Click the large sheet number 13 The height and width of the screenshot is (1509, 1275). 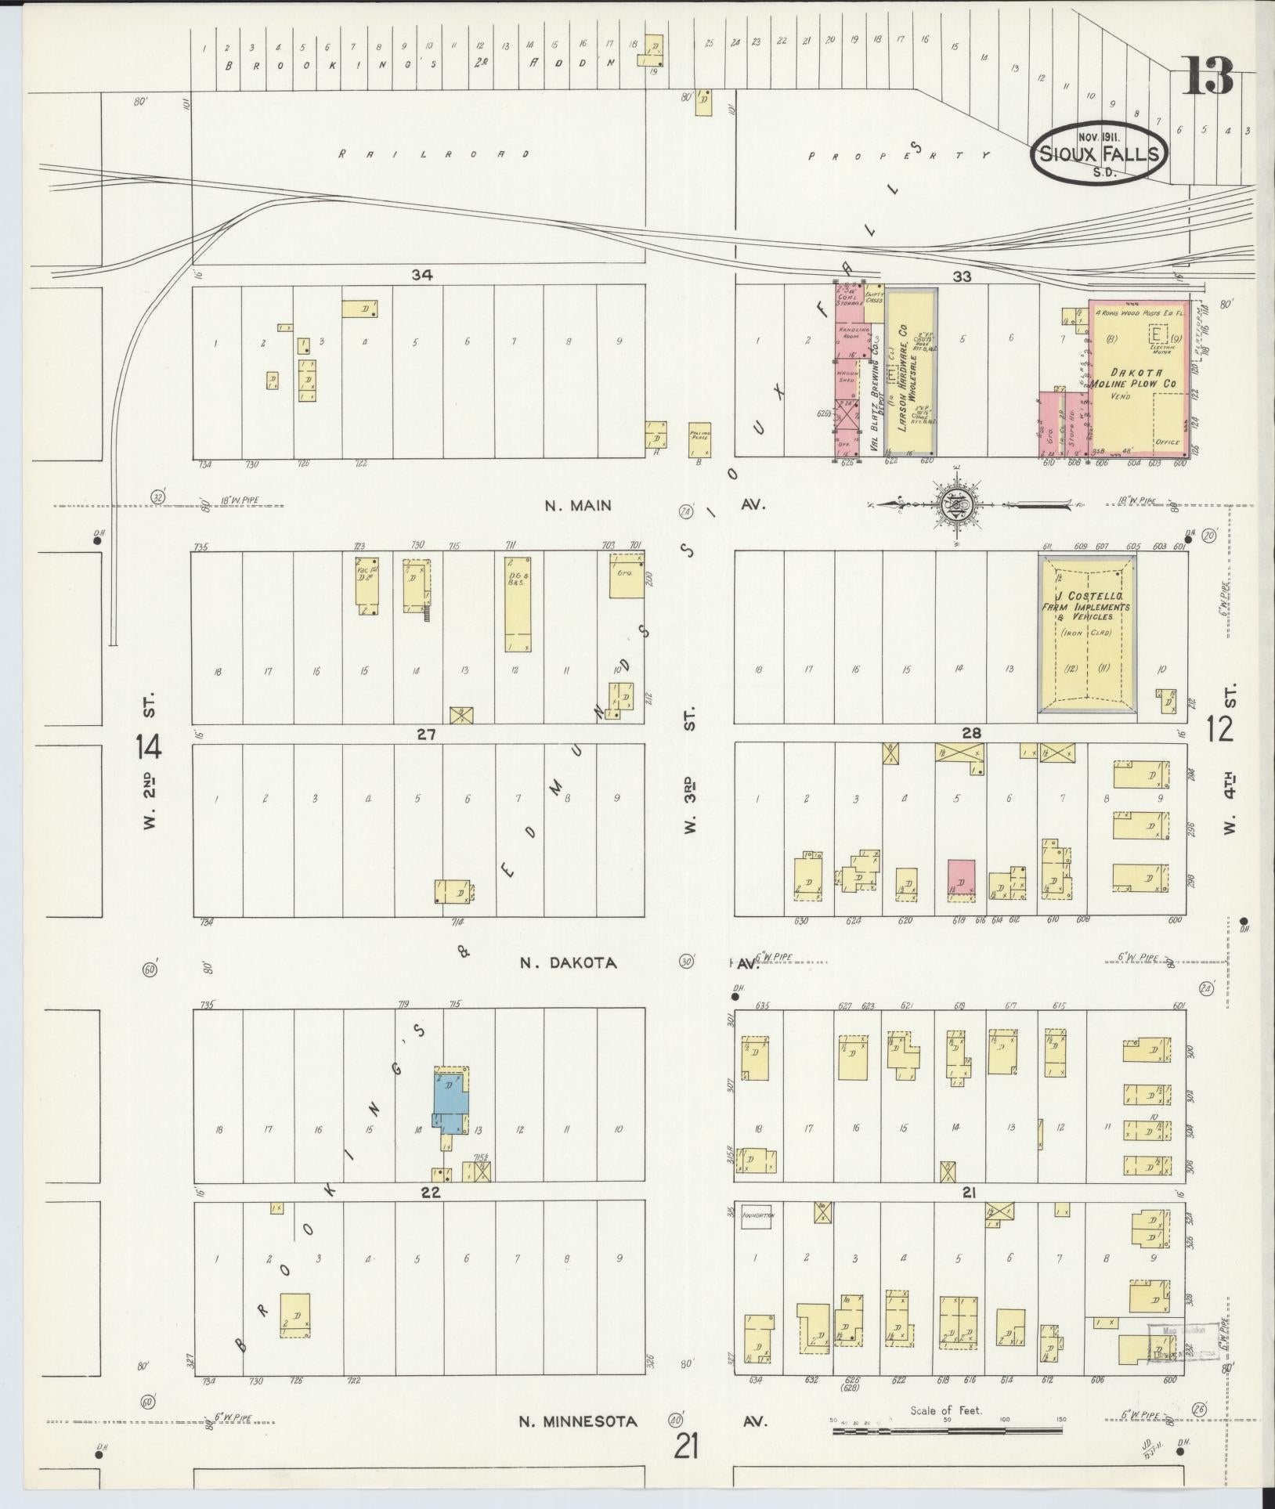coord(1207,75)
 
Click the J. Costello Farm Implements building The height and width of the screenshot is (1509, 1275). coord(1086,634)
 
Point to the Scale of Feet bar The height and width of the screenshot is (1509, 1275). coord(947,1430)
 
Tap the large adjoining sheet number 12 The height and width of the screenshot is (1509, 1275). coord(1219,729)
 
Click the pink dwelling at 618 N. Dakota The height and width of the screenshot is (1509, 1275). coord(961,877)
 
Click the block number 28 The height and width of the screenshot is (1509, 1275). coord(971,733)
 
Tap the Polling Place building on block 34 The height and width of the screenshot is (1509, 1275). coord(699,440)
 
